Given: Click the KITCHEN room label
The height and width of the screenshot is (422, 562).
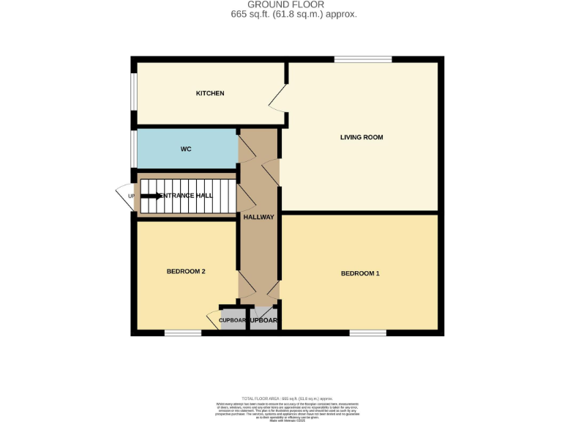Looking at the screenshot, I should pos(209,93).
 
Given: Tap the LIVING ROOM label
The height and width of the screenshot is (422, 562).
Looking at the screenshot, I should pos(361,137).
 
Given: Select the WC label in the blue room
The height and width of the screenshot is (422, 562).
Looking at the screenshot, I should pos(186,149).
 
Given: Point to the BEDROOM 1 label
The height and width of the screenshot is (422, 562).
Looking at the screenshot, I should pos(360,273).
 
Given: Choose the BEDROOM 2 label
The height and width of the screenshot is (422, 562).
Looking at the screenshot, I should pos(186,271).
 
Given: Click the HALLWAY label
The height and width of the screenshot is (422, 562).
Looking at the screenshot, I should pos(258,217).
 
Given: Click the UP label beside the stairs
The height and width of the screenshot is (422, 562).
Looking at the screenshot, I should pos(132,196).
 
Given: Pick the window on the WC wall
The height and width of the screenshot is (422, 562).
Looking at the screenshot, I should pos(134,149).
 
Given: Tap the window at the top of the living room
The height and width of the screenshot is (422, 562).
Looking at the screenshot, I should pos(363,59).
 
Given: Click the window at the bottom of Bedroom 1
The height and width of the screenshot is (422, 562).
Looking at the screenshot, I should pos(367,333).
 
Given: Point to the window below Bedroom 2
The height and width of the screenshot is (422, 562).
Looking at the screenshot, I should pos(182,333).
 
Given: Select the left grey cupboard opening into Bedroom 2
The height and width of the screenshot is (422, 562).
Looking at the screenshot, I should pos(233,320).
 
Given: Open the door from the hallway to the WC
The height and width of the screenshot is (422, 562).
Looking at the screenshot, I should pos(247,146).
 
